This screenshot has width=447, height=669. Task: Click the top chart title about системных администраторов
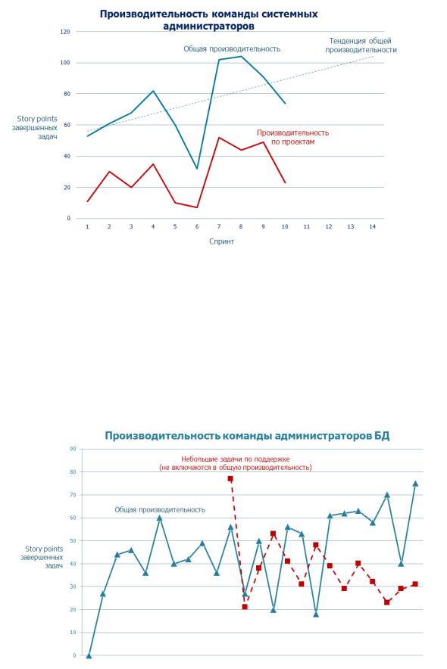point(209,20)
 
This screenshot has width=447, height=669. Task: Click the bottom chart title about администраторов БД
point(247,436)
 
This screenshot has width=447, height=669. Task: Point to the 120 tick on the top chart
point(66,32)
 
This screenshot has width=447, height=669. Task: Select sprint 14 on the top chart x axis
point(372,226)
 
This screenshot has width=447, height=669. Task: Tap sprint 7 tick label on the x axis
point(219,226)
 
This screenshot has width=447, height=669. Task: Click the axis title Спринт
point(221,241)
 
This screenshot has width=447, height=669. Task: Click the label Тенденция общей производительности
point(361,45)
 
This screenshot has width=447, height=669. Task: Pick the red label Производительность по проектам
point(293,137)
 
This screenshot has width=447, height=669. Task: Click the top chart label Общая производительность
point(232,48)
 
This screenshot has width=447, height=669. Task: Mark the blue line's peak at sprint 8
point(241,56)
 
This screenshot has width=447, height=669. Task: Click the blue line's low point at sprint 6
point(197,169)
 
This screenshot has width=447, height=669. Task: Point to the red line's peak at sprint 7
point(219,138)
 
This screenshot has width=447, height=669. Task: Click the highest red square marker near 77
point(230,479)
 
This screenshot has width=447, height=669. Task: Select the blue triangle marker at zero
point(89,655)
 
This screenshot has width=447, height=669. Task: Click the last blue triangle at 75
point(415,484)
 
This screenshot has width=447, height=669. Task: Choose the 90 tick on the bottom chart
point(73,449)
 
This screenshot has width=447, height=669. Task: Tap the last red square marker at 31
point(415,584)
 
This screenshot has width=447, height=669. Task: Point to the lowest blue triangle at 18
point(316,614)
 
